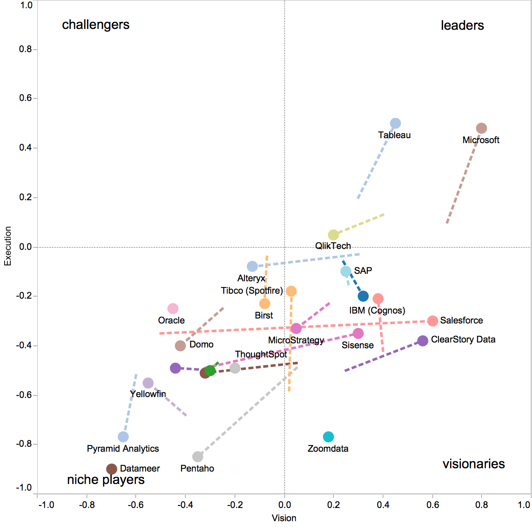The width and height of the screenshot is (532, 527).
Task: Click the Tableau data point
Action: pos(395,123)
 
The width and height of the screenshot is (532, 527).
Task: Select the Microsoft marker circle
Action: pos(481,128)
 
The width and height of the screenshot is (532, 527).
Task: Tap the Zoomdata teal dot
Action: pos(328,437)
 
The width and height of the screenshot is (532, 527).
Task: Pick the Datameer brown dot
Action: pos(112,469)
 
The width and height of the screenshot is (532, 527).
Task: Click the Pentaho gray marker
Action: pos(198,457)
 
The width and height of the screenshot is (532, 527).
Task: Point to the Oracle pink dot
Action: pos(173,309)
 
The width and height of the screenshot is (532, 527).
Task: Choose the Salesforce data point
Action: pos(433,321)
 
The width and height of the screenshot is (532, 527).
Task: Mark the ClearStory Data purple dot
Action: pos(423,341)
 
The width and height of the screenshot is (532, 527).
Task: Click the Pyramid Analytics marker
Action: pos(123,437)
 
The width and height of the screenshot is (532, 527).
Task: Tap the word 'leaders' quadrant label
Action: pos(462,26)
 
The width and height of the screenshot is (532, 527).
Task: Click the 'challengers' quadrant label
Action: pos(96,25)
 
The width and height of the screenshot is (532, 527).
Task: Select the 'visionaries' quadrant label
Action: pos(474,464)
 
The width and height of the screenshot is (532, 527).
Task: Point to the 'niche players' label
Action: pos(106,480)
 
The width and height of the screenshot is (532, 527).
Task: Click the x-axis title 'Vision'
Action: pos(284,518)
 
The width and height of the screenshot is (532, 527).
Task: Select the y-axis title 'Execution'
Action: pos(7,246)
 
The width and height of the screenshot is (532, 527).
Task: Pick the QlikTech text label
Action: pos(333,246)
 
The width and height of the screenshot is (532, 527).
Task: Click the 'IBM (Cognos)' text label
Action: pos(377,311)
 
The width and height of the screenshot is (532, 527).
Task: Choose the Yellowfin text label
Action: pos(148,394)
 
